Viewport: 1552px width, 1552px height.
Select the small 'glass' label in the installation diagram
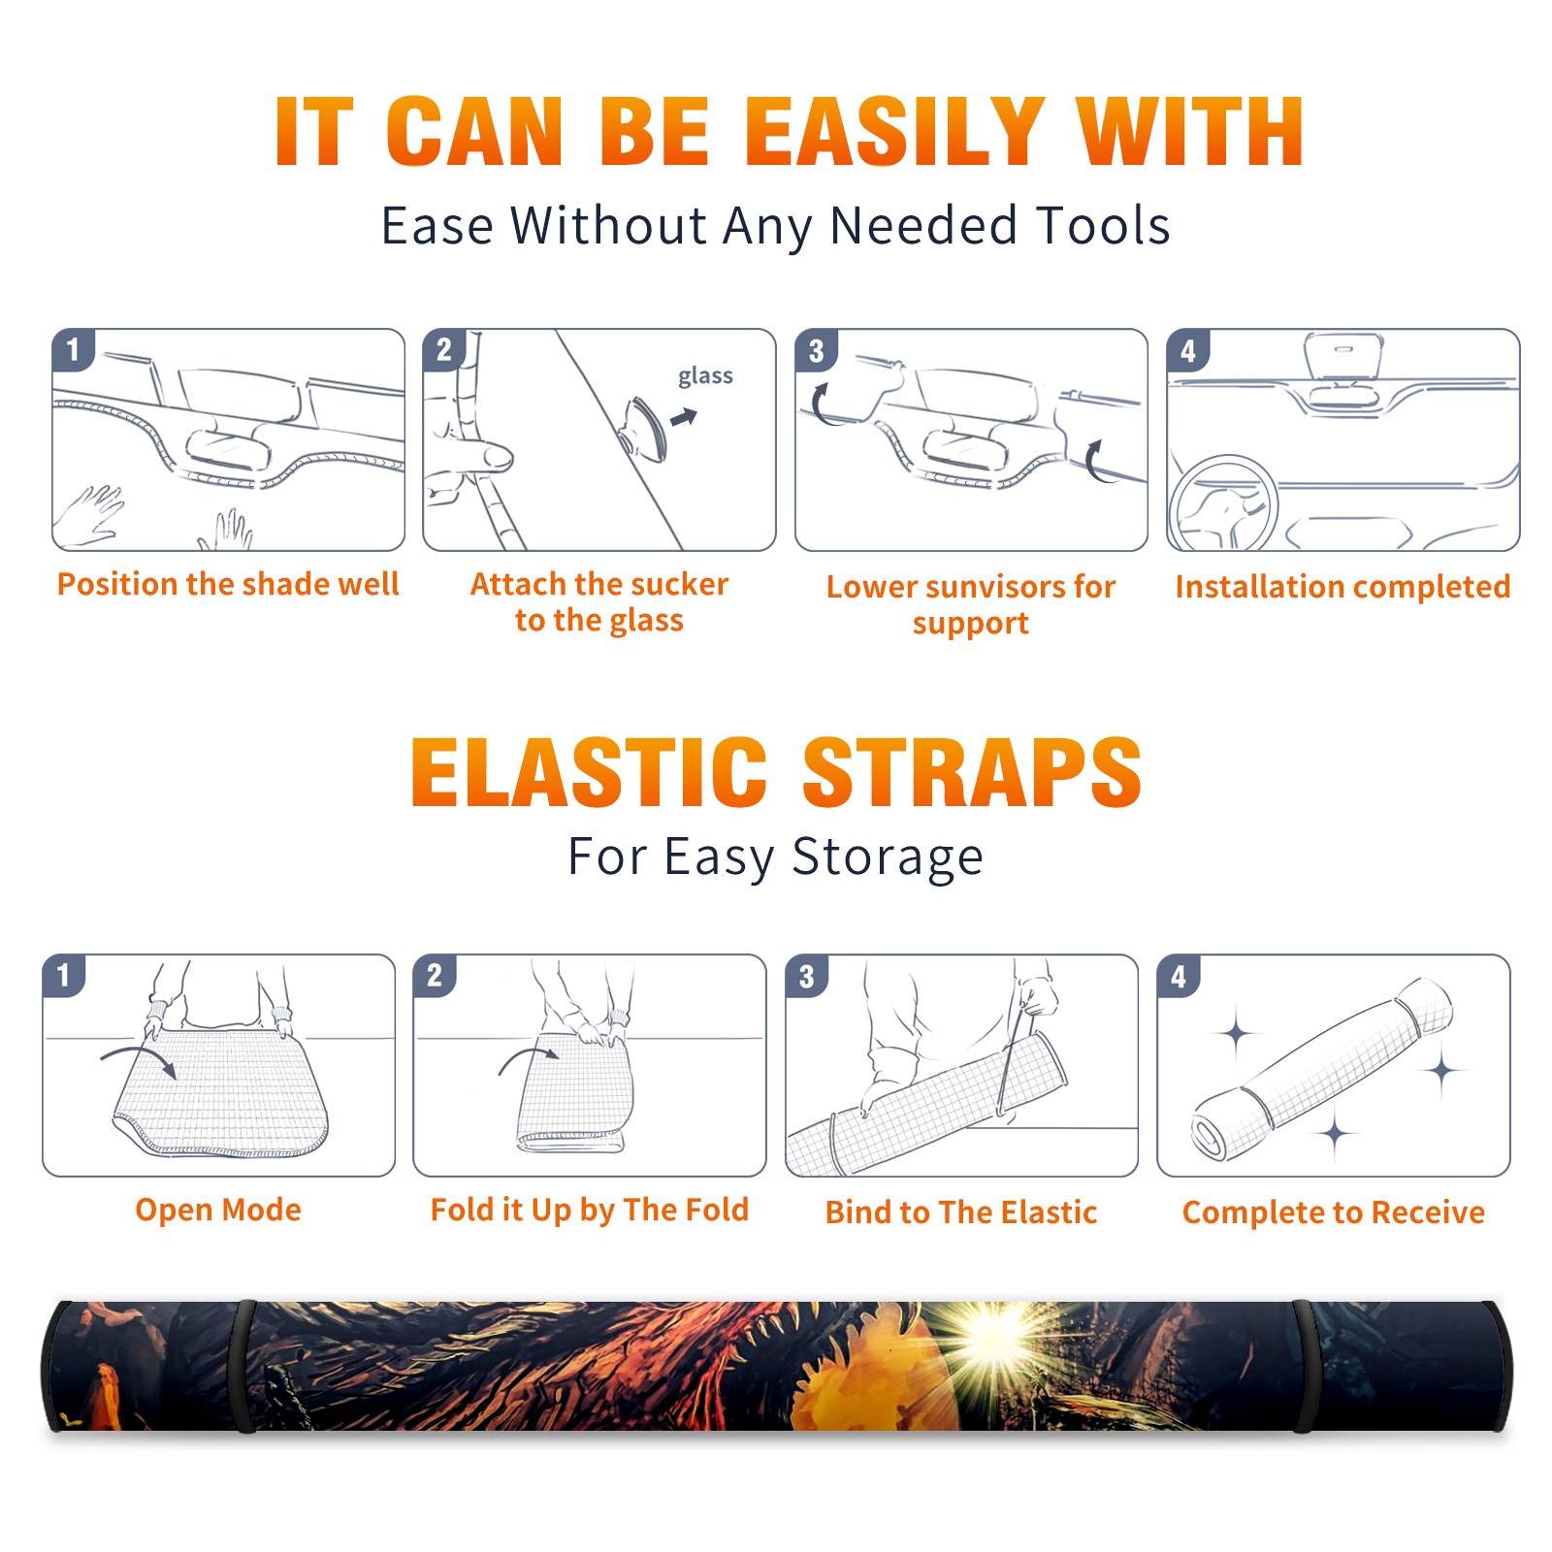705,376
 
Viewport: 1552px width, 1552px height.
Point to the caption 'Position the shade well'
228,584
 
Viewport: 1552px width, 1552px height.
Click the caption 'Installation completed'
1342,586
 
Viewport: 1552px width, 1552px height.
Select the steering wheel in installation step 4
1224,504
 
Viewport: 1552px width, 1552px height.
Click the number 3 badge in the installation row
817,350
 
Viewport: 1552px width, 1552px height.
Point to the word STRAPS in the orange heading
972,772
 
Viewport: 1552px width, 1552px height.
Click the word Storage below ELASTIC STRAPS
888,857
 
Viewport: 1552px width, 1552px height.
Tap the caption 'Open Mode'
218,1210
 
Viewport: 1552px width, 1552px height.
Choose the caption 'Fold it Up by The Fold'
590,1210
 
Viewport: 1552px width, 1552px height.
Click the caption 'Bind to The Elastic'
961,1212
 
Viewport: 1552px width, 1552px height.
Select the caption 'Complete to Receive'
1334,1212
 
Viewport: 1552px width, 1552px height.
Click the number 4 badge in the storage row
1179,976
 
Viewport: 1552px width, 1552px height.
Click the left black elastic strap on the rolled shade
242,1366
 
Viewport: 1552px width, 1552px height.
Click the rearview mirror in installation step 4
1342,355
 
